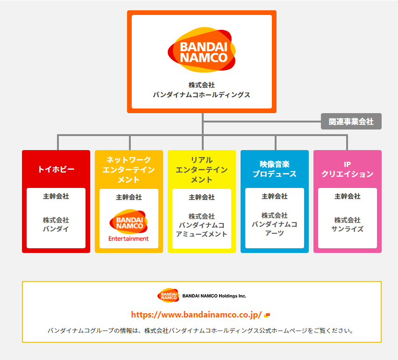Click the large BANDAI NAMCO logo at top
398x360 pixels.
(x=202, y=50)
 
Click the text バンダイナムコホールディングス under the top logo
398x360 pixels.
(x=202, y=95)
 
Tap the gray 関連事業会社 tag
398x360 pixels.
(x=351, y=122)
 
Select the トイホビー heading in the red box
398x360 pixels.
(x=56, y=169)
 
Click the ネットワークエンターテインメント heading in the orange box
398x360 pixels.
(x=129, y=169)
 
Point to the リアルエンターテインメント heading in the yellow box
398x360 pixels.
(x=202, y=169)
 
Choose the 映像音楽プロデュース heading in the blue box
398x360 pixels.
(x=275, y=169)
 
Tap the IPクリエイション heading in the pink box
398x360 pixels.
(x=348, y=169)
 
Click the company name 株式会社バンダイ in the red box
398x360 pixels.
(x=56, y=224)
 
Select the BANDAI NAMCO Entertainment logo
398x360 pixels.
(x=128, y=223)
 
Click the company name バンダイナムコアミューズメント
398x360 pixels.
(x=202, y=225)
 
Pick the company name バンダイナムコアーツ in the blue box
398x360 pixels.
(x=275, y=224)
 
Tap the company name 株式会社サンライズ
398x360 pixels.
(x=348, y=224)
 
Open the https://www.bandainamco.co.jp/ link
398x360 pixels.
(x=196, y=315)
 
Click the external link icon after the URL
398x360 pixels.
(x=267, y=315)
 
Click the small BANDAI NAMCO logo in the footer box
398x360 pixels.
(x=168, y=295)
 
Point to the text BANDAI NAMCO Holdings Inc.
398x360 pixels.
(x=214, y=296)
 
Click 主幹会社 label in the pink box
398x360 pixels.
(x=348, y=196)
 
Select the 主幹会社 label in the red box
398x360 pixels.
(x=56, y=196)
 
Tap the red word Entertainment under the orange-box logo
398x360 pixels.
(x=128, y=238)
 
